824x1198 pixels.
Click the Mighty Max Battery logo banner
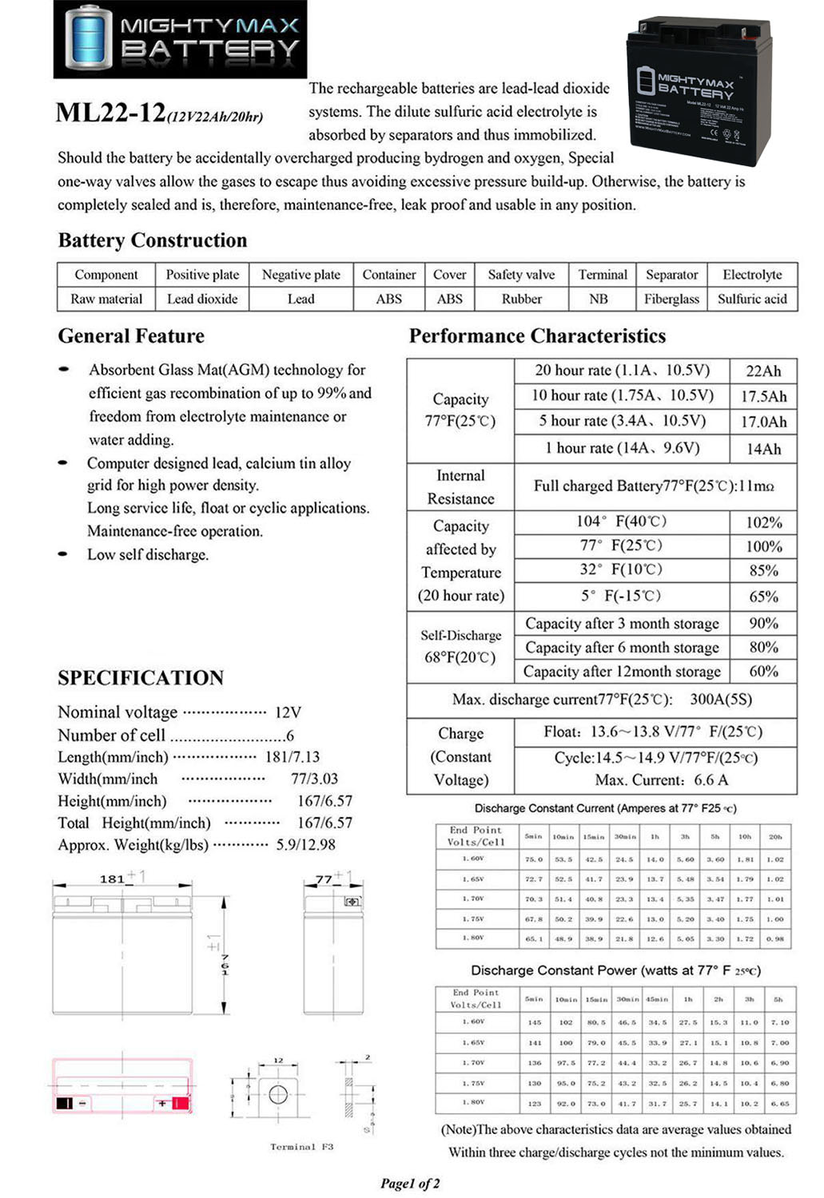point(180,39)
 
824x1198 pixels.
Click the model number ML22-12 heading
point(111,113)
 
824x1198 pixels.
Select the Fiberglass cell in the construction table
point(671,299)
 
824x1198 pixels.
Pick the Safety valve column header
point(521,275)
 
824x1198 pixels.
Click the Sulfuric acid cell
point(751,299)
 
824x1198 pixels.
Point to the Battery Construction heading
point(153,240)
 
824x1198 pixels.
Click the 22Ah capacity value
point(763,371)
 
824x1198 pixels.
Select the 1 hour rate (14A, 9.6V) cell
point(622,448)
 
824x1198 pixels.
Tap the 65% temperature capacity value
point(763,597)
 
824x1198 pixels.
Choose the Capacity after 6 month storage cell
point(622,648)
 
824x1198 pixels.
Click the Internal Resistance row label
point(460,487)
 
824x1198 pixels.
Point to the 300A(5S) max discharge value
point(721,700)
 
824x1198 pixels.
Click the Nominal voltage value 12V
point(288,712)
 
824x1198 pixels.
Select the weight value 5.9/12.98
point(305,845)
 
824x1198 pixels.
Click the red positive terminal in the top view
point(180,1104)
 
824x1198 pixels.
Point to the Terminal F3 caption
point(301,1147)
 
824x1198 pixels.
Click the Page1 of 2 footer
point(410,1184)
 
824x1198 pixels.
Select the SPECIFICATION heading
point(141,678)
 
